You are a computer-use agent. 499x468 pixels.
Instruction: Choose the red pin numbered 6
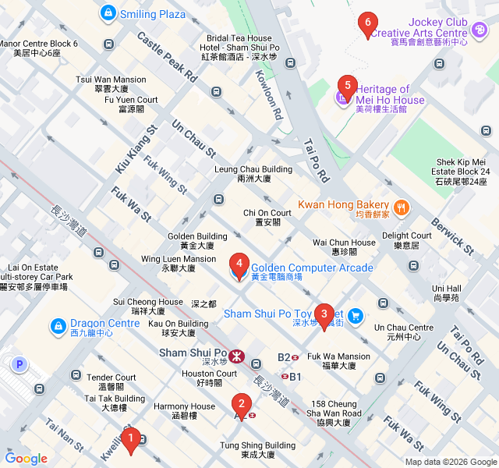(x=367, y=25)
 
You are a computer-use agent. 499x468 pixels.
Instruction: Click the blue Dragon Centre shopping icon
(x=58, y=325)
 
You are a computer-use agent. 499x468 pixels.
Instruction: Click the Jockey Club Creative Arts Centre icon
(x=480, y=29)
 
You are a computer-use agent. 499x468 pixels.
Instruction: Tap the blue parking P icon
(x=19, y=363)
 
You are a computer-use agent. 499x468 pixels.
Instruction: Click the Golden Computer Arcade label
(x=312, y=268)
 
